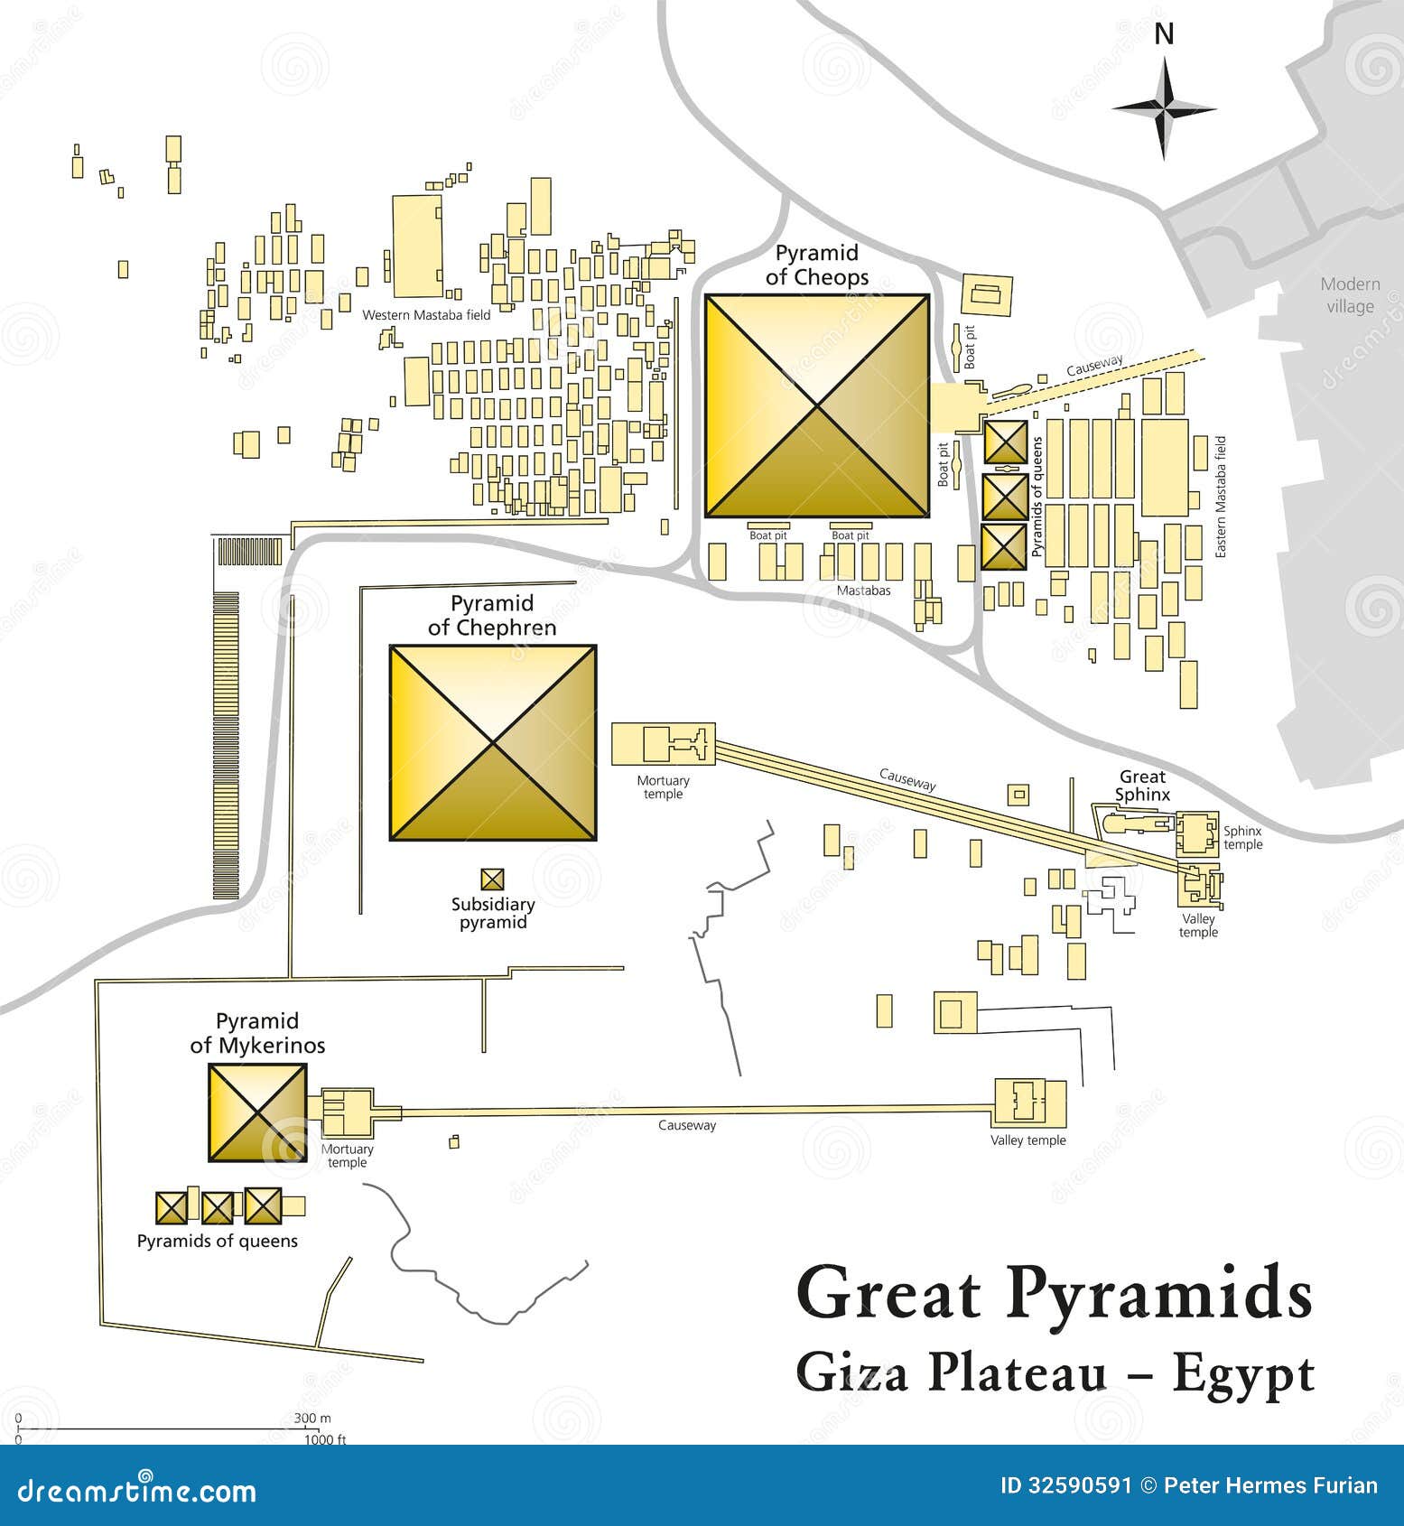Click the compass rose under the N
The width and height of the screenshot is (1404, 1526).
[x=1164, y=109]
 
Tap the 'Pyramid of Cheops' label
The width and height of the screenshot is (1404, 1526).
[x=817, y=265]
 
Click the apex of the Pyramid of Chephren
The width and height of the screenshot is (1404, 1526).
[x=493, y=743]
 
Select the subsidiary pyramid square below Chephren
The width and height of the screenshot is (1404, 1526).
[x=492, y=879]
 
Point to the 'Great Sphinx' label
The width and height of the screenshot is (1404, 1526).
[x=1142, y=786]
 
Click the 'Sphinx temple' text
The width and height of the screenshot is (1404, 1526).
[x=1242, y=838]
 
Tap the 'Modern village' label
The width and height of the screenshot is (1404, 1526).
[x=1350, y=295]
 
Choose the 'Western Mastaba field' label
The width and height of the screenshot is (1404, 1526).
[x=426, y=315]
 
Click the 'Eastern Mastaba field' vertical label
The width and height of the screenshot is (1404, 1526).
[x=1221, y=497]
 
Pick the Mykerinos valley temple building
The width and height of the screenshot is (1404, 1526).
[x=1030, y=1103]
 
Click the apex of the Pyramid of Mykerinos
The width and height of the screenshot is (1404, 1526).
[x=258, y=1112]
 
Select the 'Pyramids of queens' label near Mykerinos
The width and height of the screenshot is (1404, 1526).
[x=217, y=1242]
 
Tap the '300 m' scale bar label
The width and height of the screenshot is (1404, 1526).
[x=312, y=1419]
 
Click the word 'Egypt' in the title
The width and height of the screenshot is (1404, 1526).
[x=1242, y=1375]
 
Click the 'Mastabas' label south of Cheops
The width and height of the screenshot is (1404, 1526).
[x=863, y=591]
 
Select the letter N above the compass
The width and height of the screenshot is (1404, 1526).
[x=1165, y=34]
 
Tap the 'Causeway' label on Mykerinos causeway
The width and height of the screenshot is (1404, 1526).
[x=686, y=1125]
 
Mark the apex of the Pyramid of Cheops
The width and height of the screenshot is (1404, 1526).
[x=817, y=405]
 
